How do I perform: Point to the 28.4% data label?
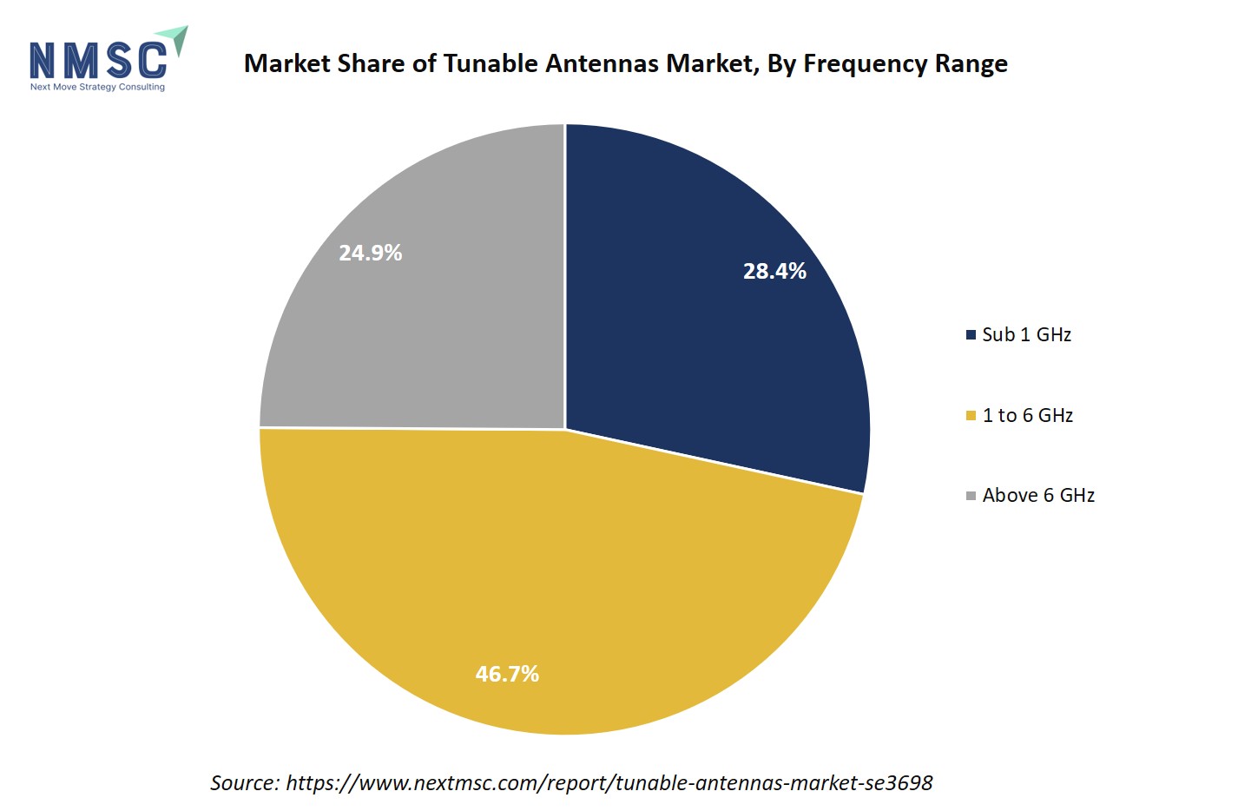tap(774, 271)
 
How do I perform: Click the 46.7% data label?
tap(507, 674)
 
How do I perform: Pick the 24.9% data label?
tap(370, 253)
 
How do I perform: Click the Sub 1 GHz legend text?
tap(1026, 334)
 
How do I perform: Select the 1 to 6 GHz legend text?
tap(1027, 415)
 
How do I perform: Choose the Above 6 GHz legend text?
tap(1038, 495)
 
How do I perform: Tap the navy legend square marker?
tap(971, 334)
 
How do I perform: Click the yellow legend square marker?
tap(971, 416)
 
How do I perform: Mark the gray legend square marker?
tap(971, 496)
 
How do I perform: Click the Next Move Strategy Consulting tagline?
tap(97, 87)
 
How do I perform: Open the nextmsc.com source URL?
tap(609, 782)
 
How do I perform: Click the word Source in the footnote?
tap(244, 782)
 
